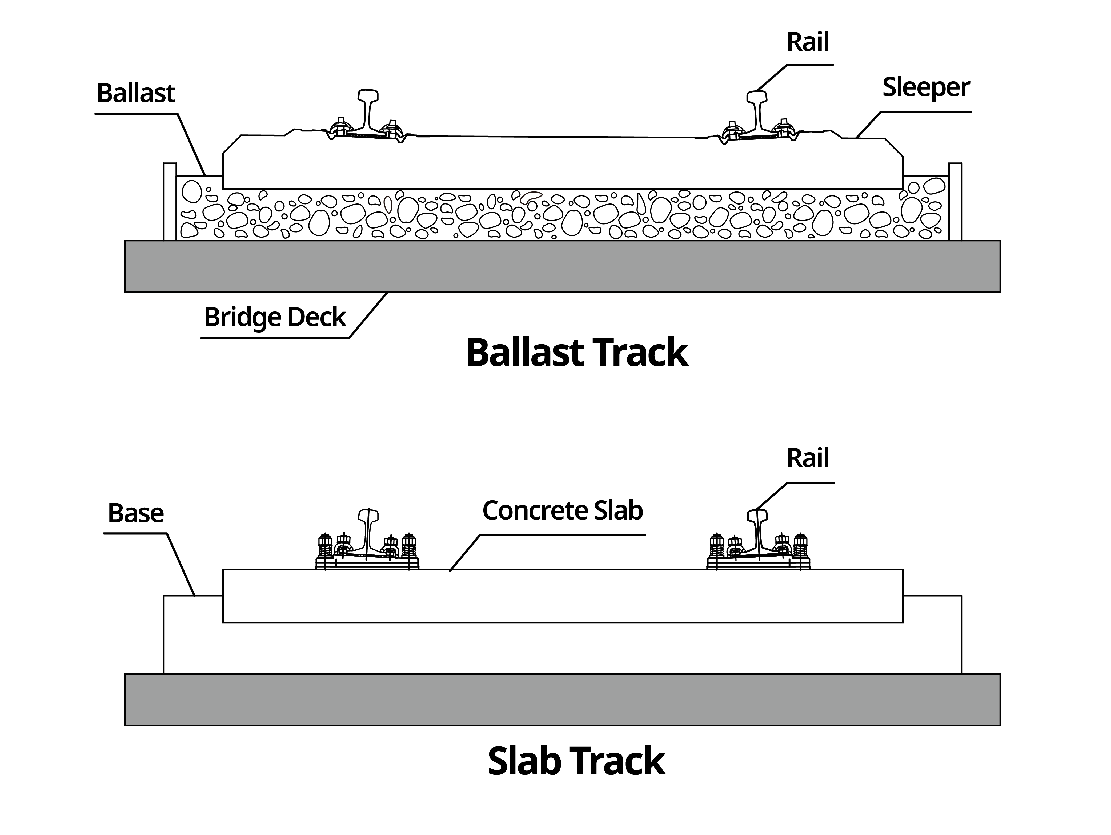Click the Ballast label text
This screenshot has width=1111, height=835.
[x=136, y=93]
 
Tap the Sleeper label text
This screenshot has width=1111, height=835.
[x=926, y=88]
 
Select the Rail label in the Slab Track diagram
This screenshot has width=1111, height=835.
[x=807, y=458]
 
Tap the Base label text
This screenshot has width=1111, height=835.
[x=136, y=513]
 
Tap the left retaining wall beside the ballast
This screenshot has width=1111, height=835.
[x=170, y=201]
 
